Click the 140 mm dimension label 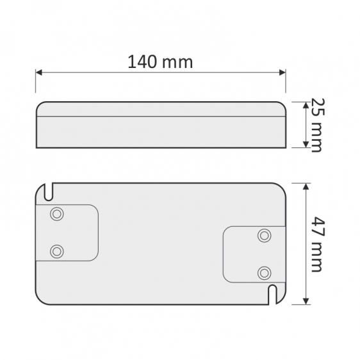160,62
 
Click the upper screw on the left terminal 56,214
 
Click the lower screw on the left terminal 56,250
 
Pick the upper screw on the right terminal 263,235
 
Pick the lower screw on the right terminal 263,272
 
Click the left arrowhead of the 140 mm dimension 38,73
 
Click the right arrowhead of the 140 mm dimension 282,73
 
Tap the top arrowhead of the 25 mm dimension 305,104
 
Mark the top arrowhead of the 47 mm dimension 306,186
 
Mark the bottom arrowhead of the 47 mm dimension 306,301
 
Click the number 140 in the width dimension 142,62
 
